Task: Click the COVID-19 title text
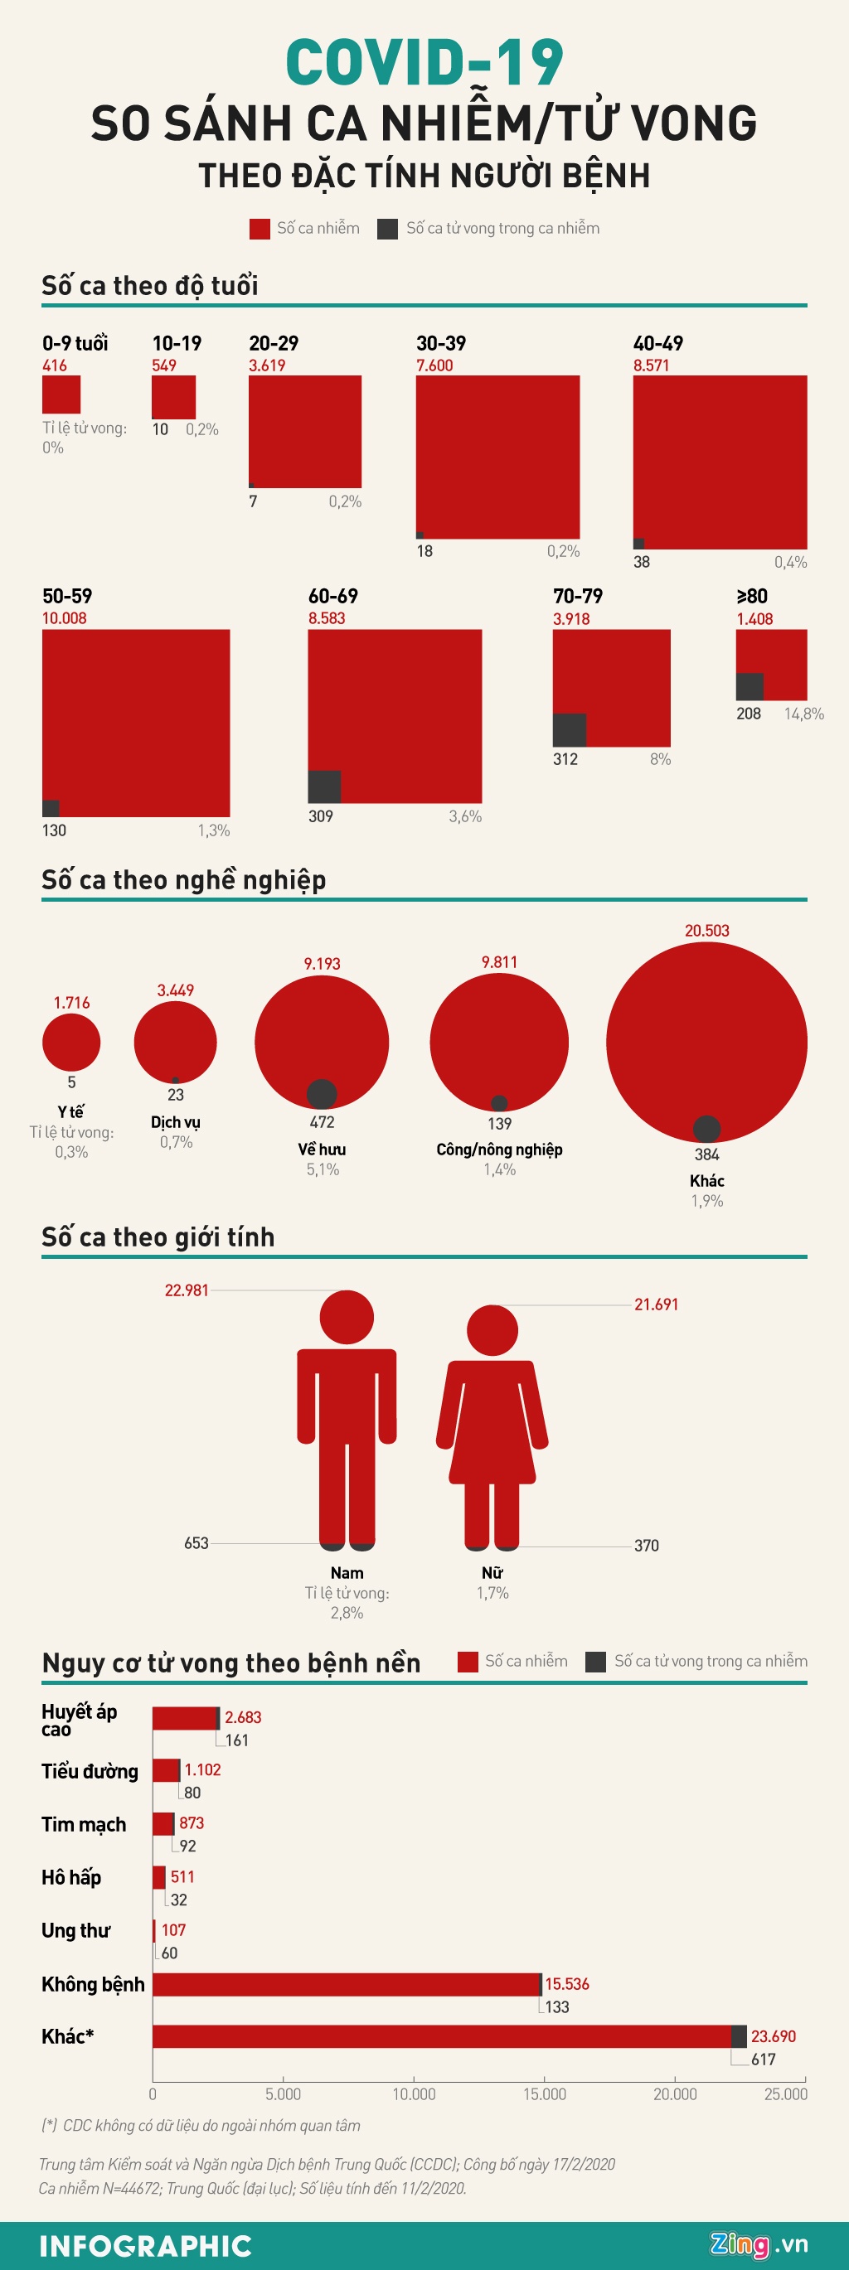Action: coord(424,62)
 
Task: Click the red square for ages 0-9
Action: coord(61,394)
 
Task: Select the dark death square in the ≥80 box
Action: coord(750,686)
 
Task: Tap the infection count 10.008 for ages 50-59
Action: coord(65,617)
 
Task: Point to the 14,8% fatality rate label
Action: coord(803,714)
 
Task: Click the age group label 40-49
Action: coord(657,343)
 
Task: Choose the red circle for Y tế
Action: coord(71,1042)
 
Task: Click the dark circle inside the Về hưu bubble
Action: coord(322,1092)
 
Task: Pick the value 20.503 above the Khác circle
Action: coord(706,931)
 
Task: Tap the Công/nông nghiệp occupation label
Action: coord(499,1150)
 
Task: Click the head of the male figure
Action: coord(347,1318)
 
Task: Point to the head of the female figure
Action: coord(492,1329)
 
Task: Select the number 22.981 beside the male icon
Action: coord(187,1290)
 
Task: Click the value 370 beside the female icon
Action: coord(646,1545)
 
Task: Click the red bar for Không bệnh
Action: coord(346,1983)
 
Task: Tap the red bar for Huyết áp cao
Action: coord(184,1717)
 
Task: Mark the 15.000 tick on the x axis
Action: coord(544,2093)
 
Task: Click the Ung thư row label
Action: coord(75,1930)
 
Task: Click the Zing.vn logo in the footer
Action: coord(758,2243)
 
